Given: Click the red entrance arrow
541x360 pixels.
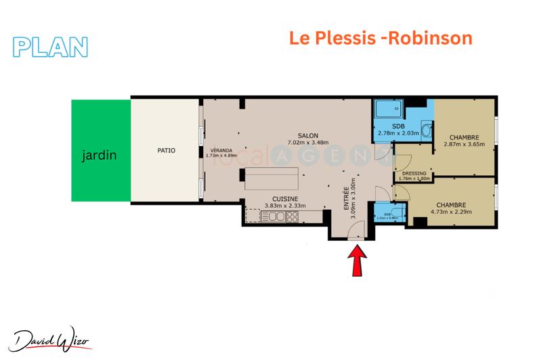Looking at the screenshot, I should pyautogui.click(x=357, y=261).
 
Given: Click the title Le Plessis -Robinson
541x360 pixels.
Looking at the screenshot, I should pyautogui.click(x=381, y=38).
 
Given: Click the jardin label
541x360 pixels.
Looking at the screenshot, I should pyautogui.click(x=100, y=155).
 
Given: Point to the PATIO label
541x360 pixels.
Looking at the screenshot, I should pyautogui.click(x=165, y=150).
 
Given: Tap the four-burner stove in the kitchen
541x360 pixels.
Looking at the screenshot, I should pyautogui.click(x=293, y=217).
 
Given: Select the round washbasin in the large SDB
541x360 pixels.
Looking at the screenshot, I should pyautogui.click(x=425, y=131).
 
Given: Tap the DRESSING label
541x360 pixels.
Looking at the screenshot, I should pyautogui.click(x=414, y=174).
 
